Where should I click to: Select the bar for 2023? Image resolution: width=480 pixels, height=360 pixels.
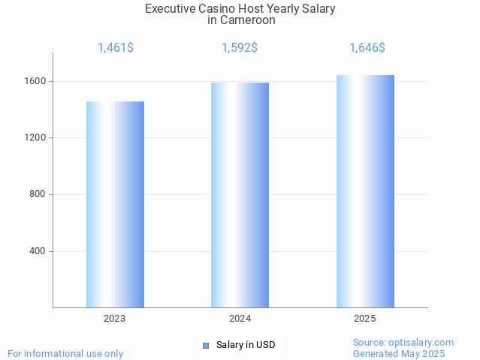115,204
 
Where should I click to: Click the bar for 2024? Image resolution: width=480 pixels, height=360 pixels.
240,195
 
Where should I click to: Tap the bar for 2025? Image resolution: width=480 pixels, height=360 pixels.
365,191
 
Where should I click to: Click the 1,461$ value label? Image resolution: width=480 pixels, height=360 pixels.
116,48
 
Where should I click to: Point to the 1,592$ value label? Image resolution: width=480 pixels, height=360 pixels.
240,48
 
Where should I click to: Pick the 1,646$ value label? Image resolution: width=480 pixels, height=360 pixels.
367,48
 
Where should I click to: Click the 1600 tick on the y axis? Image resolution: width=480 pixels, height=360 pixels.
37,81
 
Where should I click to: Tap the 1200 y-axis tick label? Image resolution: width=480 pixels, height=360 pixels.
37,138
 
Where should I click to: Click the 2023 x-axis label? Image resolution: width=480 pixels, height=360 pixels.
115,319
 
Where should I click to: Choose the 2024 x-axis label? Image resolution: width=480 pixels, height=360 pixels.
240,319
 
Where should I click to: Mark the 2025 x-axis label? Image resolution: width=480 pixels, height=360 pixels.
365,319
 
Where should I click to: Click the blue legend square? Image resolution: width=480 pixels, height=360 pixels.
206,346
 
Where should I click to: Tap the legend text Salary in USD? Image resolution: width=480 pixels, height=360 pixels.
246,345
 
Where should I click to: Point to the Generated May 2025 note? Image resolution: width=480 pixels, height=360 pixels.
399,353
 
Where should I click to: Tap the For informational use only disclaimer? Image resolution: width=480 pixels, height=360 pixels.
65,353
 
